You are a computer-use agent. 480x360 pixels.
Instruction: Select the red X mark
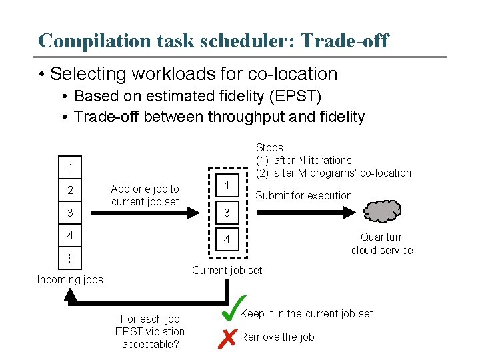pyautogui.click(x=227, y=338)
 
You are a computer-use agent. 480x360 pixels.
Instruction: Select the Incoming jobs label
pyautogui.click(x=70, y=279)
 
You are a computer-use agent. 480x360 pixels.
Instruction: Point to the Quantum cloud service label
pyautogui.click(x=382, y=243)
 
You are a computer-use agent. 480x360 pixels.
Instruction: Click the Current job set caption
pyautogui.click(x=227, y=270)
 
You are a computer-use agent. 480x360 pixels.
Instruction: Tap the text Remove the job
pyautogui.click(x=277, y=337)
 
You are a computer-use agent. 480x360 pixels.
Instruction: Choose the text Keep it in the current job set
pyautogui.click(x=306, y=313)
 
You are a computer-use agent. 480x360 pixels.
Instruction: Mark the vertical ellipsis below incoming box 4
pyautogui.click(x=70, y=257)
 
